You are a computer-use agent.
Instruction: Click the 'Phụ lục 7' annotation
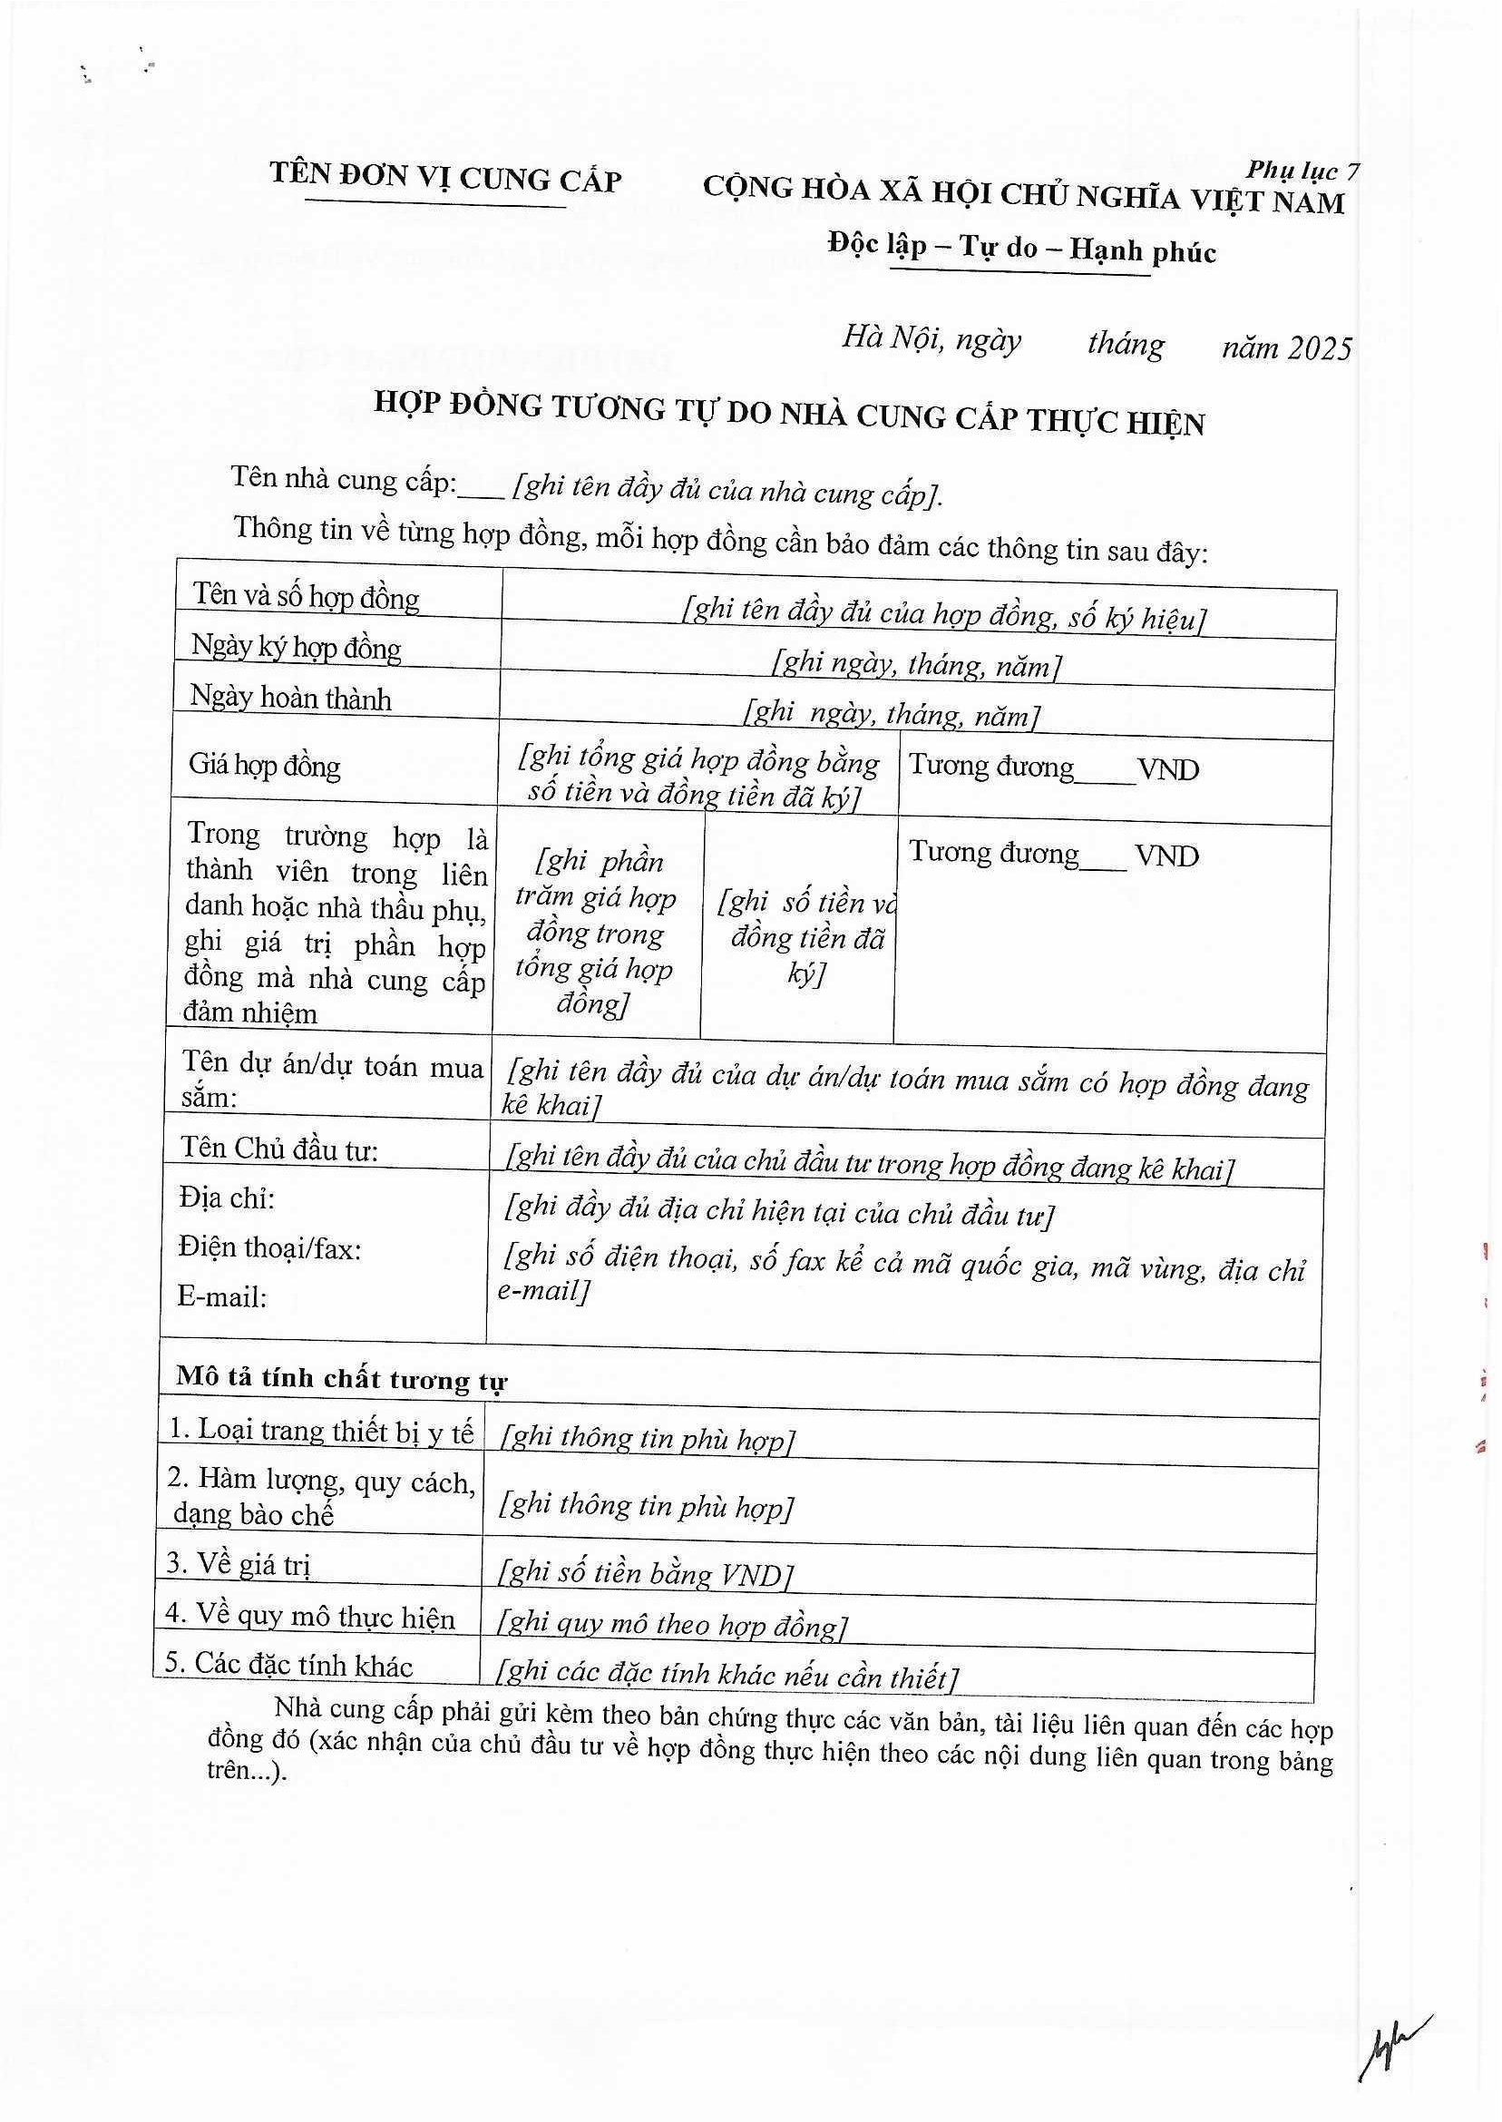tap(1302, 171)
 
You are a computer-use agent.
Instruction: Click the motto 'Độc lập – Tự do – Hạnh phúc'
tap(1021, 248)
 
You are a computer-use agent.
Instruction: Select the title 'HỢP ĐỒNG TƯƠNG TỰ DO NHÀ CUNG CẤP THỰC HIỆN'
tap(789, 414)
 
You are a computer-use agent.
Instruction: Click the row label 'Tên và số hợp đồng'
tap(307, 597)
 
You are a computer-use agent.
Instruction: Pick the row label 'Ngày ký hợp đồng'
tap(296, 648)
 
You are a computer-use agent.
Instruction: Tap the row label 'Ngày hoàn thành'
tap(290, 698)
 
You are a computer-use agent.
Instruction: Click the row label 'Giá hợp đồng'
tap(265, 765)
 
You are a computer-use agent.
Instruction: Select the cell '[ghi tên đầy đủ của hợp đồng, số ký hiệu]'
tap(943, 615)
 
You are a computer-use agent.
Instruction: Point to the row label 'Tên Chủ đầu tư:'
tap(279, 1149)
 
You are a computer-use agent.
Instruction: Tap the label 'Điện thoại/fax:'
tap(269, 1248)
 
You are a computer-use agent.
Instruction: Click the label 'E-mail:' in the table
tap(222, 1297)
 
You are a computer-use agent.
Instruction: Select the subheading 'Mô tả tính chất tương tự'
tap(341, 1379)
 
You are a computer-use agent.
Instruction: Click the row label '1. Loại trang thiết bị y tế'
tap(321, 1431)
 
